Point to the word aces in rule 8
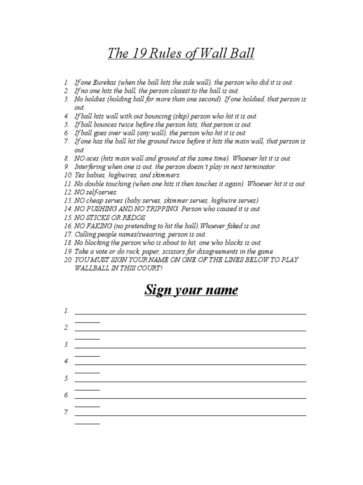tap(95, 158)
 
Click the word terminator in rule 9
tap(258, 167)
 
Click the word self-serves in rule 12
tap(101, 192)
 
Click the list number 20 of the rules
tap(67, 260)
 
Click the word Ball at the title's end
tap(241, 54)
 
